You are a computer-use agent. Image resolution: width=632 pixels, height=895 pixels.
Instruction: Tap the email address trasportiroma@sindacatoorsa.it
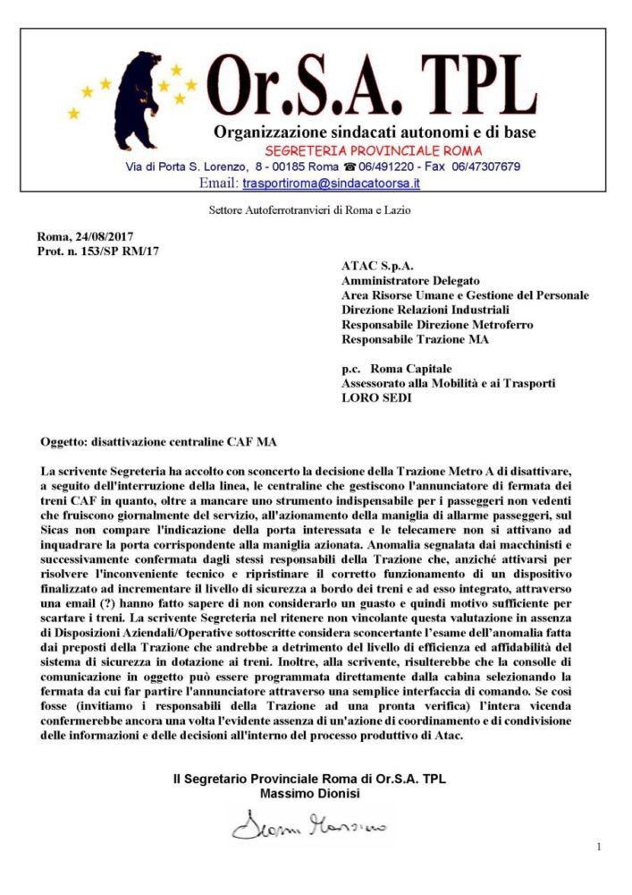tap(331, 183)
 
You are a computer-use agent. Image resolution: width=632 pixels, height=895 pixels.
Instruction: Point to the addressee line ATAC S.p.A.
tap(375, 266)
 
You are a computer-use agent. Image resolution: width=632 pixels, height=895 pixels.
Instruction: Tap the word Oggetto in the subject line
tap(63, 442)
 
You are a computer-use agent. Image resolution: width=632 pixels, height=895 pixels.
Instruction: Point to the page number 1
tap(599, 847)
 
